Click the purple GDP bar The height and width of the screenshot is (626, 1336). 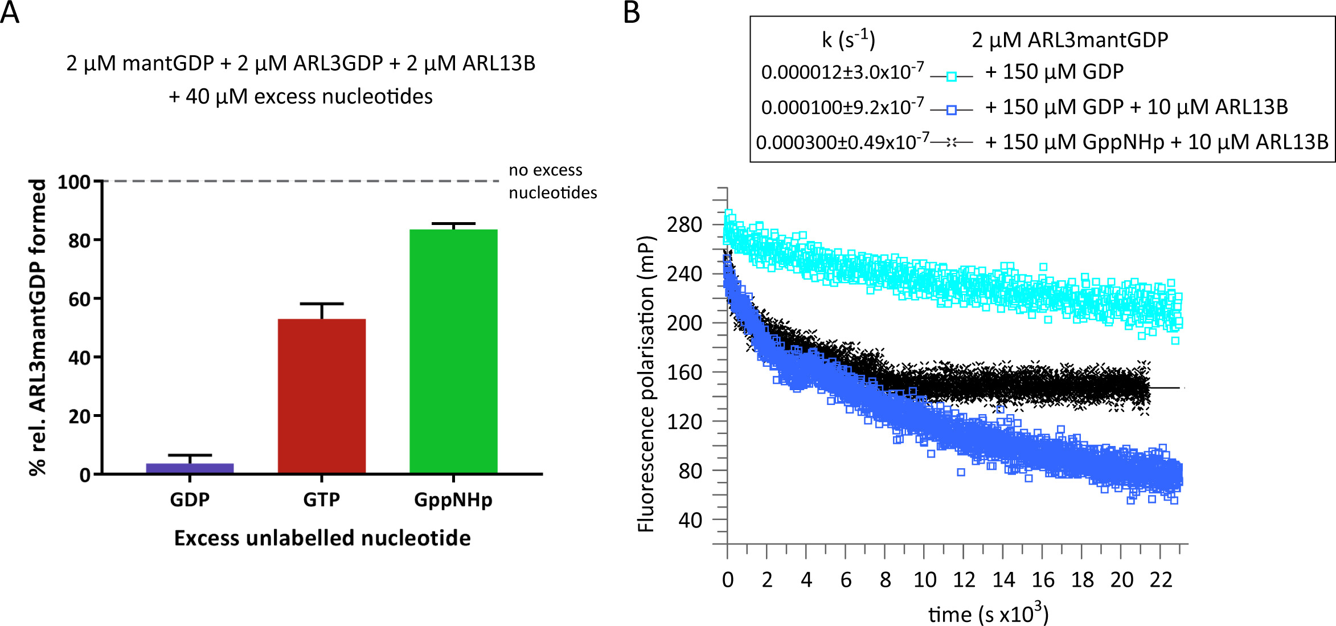[190, 468]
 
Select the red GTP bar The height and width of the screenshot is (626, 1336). [322, 396]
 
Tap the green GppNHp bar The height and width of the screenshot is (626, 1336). [453, 351]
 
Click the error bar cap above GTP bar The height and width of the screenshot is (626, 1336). [322, 304]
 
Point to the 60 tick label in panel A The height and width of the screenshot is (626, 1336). [79, 300]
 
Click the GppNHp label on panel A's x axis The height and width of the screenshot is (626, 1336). [453, 500]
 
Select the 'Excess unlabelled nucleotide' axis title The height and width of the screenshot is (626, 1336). [322, 538]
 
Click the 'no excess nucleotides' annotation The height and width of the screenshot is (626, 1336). [552, 181]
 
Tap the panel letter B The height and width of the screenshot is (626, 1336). [632, 13]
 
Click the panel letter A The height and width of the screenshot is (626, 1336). [10, 13]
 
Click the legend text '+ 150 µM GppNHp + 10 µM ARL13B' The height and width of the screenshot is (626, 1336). [1156, 142]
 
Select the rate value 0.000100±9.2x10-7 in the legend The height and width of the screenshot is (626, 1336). [842, 107]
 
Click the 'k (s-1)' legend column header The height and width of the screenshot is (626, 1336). [848, 39]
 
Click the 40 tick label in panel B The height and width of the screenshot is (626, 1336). [690, 520]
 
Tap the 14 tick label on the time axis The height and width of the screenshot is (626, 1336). [1003, 580]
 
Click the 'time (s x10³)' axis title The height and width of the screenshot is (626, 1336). [988, 613]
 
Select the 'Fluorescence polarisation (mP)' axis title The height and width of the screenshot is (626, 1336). [646, 384]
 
